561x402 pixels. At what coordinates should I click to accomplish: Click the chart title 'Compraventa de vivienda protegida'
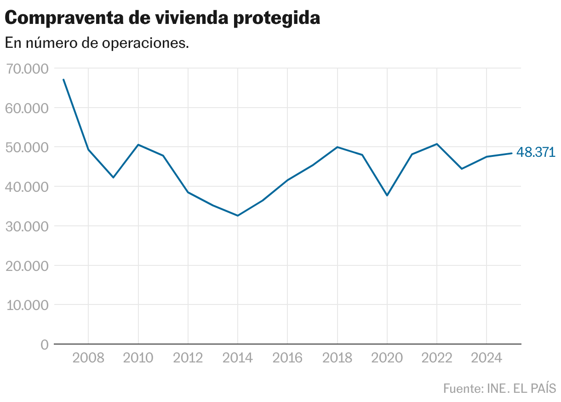point(162,18)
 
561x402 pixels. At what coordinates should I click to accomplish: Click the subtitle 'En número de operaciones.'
point(97,43)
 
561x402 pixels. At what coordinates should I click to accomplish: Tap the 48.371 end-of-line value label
point(536,153)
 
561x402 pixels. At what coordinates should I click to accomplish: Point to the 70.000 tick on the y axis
point(28,69)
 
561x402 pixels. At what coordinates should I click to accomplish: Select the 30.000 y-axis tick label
point(28,227)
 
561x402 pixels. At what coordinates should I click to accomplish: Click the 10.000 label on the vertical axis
point(28,305)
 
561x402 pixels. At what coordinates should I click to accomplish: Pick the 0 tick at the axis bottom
point(44,345)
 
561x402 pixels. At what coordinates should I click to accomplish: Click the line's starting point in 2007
point(63,80)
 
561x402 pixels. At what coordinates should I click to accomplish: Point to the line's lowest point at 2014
point(238,216)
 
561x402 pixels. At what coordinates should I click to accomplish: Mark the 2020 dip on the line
point(387,195)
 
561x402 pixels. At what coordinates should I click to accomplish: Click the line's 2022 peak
point(437,144)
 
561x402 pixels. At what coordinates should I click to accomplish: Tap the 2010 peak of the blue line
point(138,145)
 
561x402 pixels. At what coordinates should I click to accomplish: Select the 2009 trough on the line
point(113,178)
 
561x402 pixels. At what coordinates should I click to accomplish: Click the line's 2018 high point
point(338,147)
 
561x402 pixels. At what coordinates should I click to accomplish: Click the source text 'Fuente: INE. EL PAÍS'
point(499,388)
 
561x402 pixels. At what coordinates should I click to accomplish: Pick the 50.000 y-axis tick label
point(28,148)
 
